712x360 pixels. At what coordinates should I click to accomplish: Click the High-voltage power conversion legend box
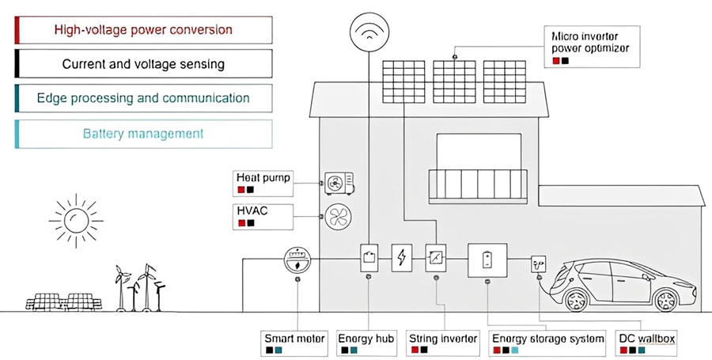[x=143, y=29]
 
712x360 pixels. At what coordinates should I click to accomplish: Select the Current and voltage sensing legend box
[x=143, y=64]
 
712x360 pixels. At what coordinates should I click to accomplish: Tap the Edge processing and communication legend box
[x=143, y=99]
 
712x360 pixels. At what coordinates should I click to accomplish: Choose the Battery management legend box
[x=143, y=134]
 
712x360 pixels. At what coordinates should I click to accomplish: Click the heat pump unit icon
[x=339, y=183]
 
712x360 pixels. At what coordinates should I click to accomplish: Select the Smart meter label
[x=294, y=343]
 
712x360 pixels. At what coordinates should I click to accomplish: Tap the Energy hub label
[x=366, y=343]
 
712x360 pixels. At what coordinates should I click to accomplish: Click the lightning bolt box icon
[x=403, y=257]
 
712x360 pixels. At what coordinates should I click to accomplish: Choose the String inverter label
[x=442, y=343]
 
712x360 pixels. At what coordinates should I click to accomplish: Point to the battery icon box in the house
[x=487, y=259]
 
